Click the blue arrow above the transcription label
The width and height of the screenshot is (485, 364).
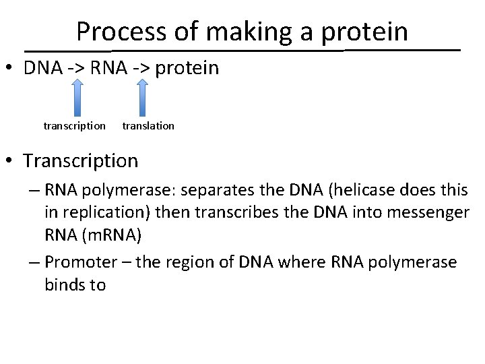tap(77, 98)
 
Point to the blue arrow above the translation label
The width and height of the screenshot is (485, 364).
tap(142, 98)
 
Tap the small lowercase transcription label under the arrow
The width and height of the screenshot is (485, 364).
tap(74, 126)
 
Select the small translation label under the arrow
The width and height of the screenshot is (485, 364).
tap(148, 126)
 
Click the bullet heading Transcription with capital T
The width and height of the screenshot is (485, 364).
tap(80, 161)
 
